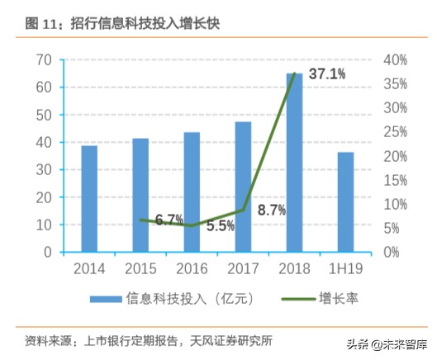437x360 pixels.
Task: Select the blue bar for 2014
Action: coord(89,198)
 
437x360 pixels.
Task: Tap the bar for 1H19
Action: coord(345,201)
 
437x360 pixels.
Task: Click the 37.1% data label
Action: coord(327,75)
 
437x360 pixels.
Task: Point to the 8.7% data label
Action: coord(272,210)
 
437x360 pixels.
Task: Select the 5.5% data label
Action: coord(221,225)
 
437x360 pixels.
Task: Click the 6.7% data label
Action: coord(169,220)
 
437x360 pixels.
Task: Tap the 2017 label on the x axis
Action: coord(243,268)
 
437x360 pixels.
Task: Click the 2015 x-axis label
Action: coord(140,268)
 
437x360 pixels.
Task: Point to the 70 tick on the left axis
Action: coord(45,60)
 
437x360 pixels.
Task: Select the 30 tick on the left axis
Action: coord(45,170)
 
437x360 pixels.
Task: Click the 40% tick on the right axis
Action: coord(396,60)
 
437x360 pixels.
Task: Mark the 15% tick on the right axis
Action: coord(396,180)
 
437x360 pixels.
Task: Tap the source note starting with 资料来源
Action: coord(149,341)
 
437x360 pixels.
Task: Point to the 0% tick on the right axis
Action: coord(392,252)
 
